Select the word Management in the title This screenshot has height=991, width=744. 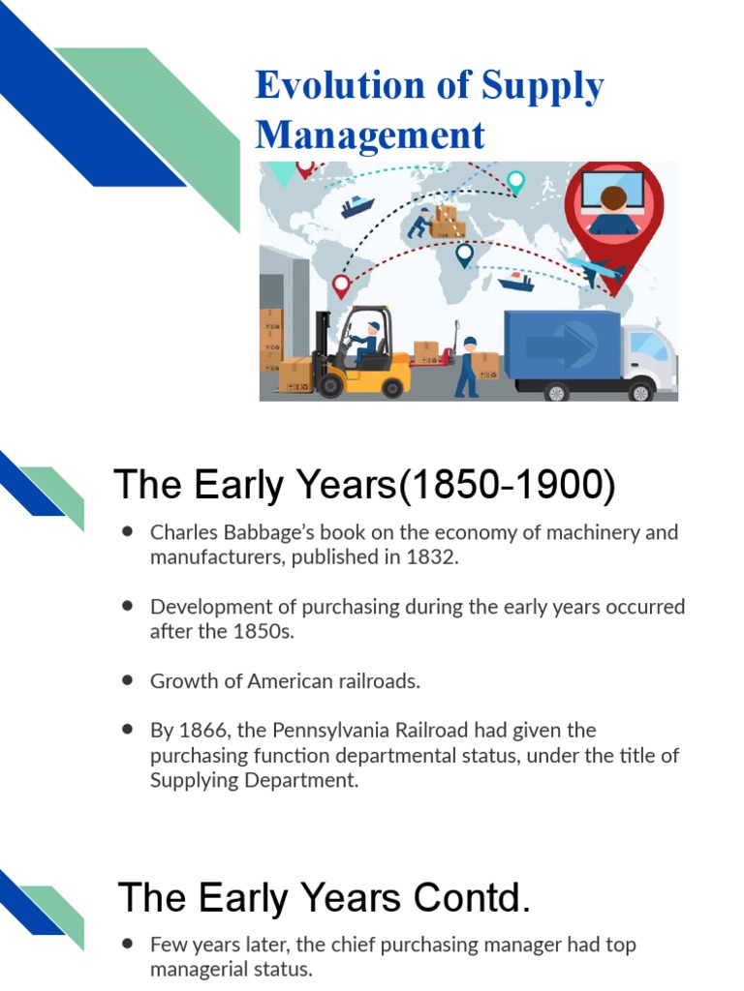point(370,135)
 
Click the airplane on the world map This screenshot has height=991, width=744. point(592,268)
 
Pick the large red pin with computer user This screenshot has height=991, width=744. point(615,208)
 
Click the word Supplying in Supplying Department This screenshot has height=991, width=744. point(195,779)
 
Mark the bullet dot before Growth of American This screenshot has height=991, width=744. point(128,680)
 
